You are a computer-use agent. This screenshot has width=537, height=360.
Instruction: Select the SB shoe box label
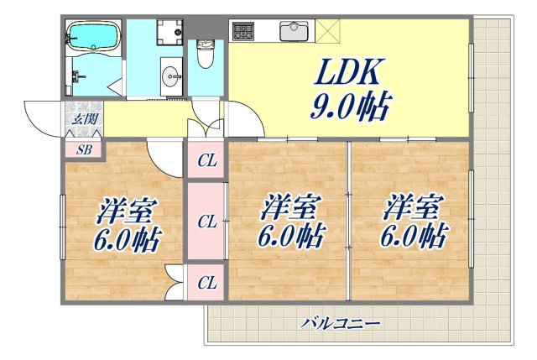[84, 151]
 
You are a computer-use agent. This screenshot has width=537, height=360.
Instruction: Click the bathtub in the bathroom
[95, 37]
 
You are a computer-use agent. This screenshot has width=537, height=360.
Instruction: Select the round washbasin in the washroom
[175, 77]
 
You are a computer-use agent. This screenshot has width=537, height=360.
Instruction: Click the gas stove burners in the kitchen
[244, 32]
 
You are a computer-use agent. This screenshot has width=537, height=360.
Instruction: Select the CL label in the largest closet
[206, 222]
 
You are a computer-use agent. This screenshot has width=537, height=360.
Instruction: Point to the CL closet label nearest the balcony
[206, 283]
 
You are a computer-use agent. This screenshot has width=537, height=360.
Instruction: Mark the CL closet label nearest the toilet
[206, 160]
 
